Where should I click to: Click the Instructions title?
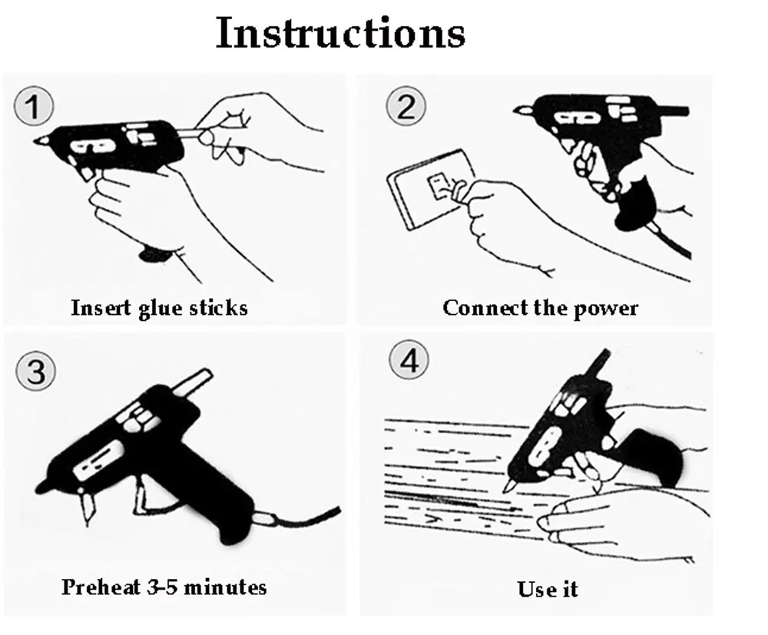340,33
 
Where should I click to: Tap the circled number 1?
33,106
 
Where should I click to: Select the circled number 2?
406,106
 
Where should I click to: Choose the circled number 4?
409,360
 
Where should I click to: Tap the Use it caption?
548,589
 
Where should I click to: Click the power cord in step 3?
303,518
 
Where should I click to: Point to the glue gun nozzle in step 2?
522,111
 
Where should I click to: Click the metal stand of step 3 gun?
88,507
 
